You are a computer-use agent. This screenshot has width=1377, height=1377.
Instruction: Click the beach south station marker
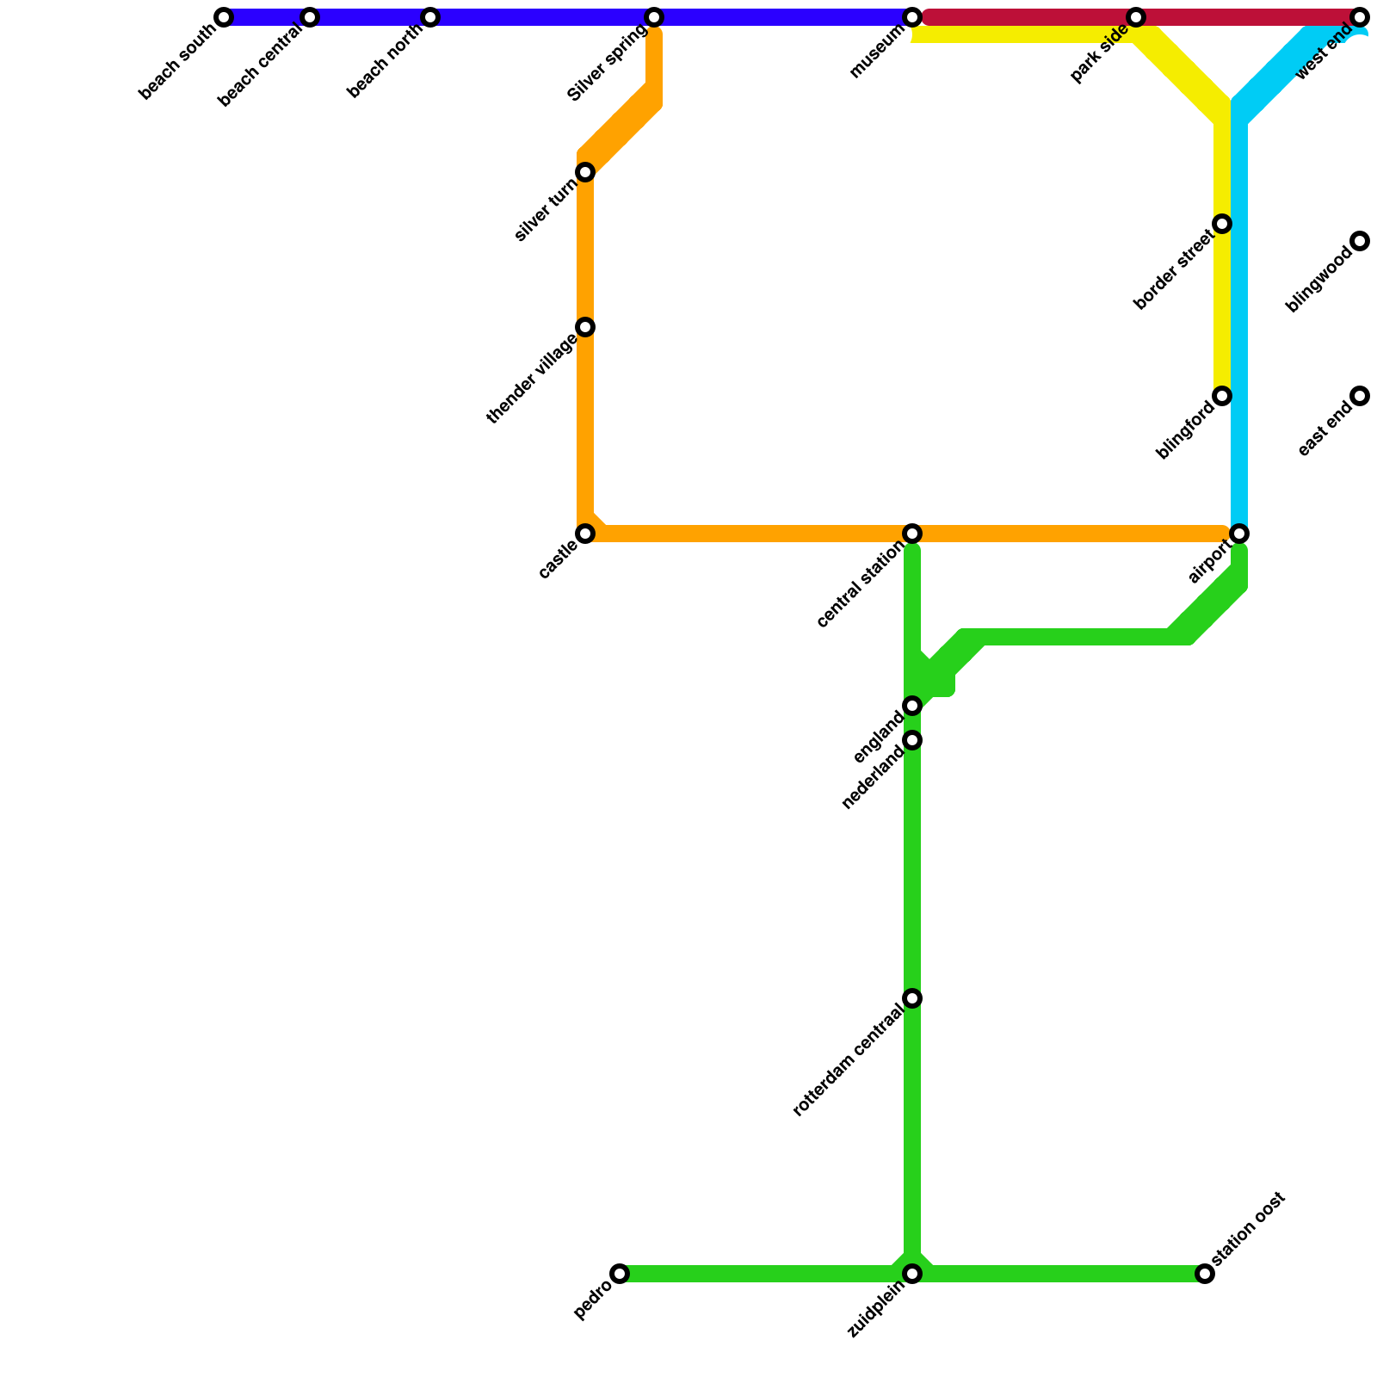pos(224,17)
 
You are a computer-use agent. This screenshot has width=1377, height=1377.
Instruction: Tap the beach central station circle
pos(310,17)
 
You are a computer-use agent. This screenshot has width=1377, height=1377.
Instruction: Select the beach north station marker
pos(430,17)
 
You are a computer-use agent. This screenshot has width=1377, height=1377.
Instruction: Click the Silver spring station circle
pos(654,17)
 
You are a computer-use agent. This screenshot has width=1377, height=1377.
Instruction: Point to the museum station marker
pos(912,17)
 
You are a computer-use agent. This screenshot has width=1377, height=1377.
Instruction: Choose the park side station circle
pos(1136,17)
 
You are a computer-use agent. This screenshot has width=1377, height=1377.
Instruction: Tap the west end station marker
pos(1360,17)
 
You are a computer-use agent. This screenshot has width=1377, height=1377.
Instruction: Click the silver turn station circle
pos(585,172)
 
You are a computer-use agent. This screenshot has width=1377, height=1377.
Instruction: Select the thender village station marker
pos(585,327)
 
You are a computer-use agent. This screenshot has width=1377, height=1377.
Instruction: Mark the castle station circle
pos(585,534)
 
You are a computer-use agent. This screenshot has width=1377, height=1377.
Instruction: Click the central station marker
pos(912,534)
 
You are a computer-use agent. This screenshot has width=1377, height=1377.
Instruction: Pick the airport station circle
pos(1239,534)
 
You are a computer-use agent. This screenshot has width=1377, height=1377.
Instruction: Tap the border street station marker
pos(1222,224)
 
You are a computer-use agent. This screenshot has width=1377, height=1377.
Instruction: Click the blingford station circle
pos(1222,396)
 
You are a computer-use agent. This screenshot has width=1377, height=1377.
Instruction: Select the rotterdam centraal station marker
pos(912,998)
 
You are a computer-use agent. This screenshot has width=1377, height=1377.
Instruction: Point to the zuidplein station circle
pos(912,1274)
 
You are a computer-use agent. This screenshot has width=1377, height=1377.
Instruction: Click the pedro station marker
pos(620,1274)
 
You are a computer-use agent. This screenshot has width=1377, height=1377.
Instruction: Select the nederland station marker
pos(912,740)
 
